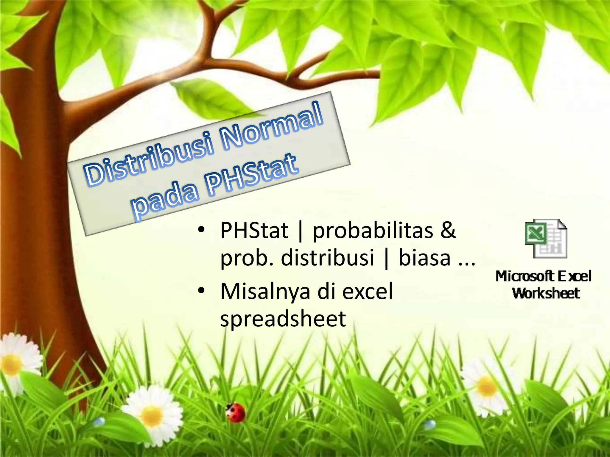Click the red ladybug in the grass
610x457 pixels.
pyautogui.click(x=236, y=412)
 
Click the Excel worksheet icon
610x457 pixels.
pyautogui.click(x=546, y=239)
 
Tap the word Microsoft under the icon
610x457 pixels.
pyautogui.click(x=525, y=276)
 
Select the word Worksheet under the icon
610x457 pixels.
pyautogui.click(x=546, y=293)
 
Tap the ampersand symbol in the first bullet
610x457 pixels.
pyautogui.click(x=448, y=230)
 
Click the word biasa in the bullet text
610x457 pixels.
pyautogui.click(x=424, y=258)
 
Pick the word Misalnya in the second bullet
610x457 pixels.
pyautogui.click(x=265, y=292)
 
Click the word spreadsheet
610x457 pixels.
pyautogui.click(x=283, y=319)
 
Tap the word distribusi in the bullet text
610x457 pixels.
pyautogui.click(x=327, y=258)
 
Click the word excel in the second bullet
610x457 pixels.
pyautogui.click(x=368, y=291)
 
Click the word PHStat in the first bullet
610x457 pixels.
pyautogui.click(x=254, y=231)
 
